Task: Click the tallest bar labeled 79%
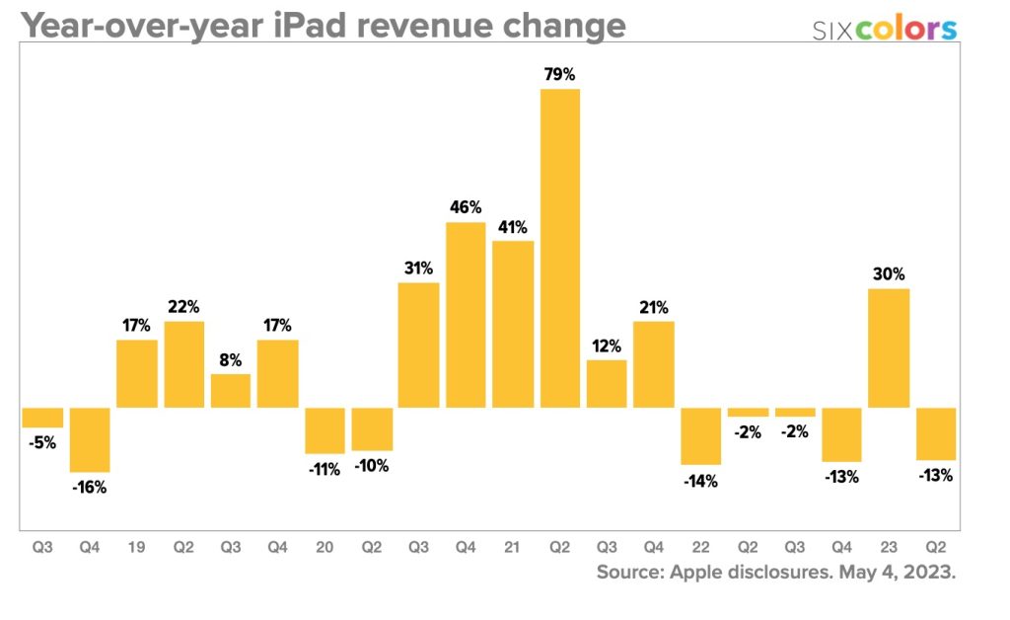coord(560,248)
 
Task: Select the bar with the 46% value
coord(466,315)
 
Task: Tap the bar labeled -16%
coord(90,439)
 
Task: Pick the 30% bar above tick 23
coord(889,348)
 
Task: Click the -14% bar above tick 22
coord(701,435)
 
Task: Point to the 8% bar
coord(231,391)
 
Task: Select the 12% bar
coord(607,383)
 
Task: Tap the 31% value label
coord(418,268)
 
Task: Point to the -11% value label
coord(325,470)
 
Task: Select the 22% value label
coord(183,307)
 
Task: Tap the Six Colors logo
coord(884,29)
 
